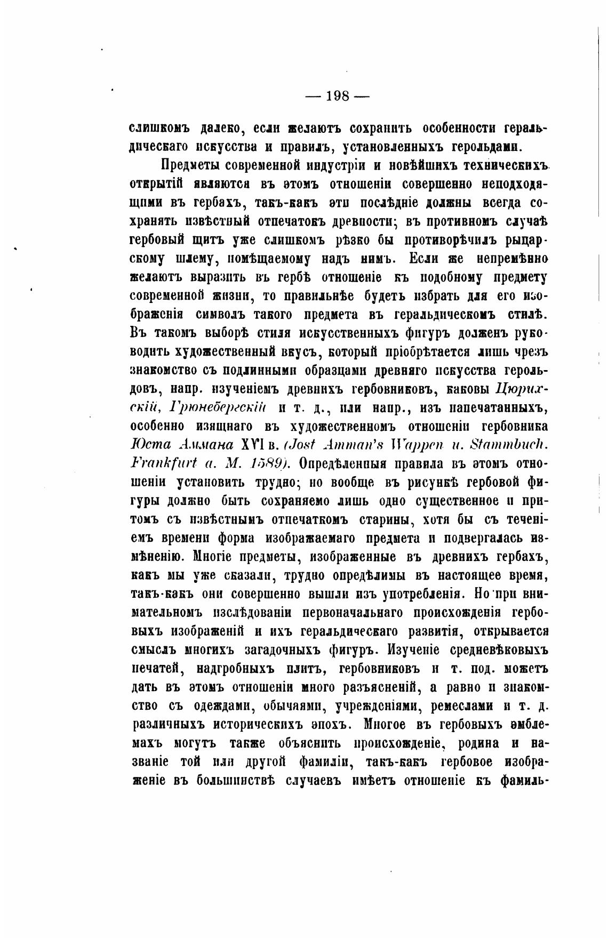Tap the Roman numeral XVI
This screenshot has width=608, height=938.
[x=255, y=445]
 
